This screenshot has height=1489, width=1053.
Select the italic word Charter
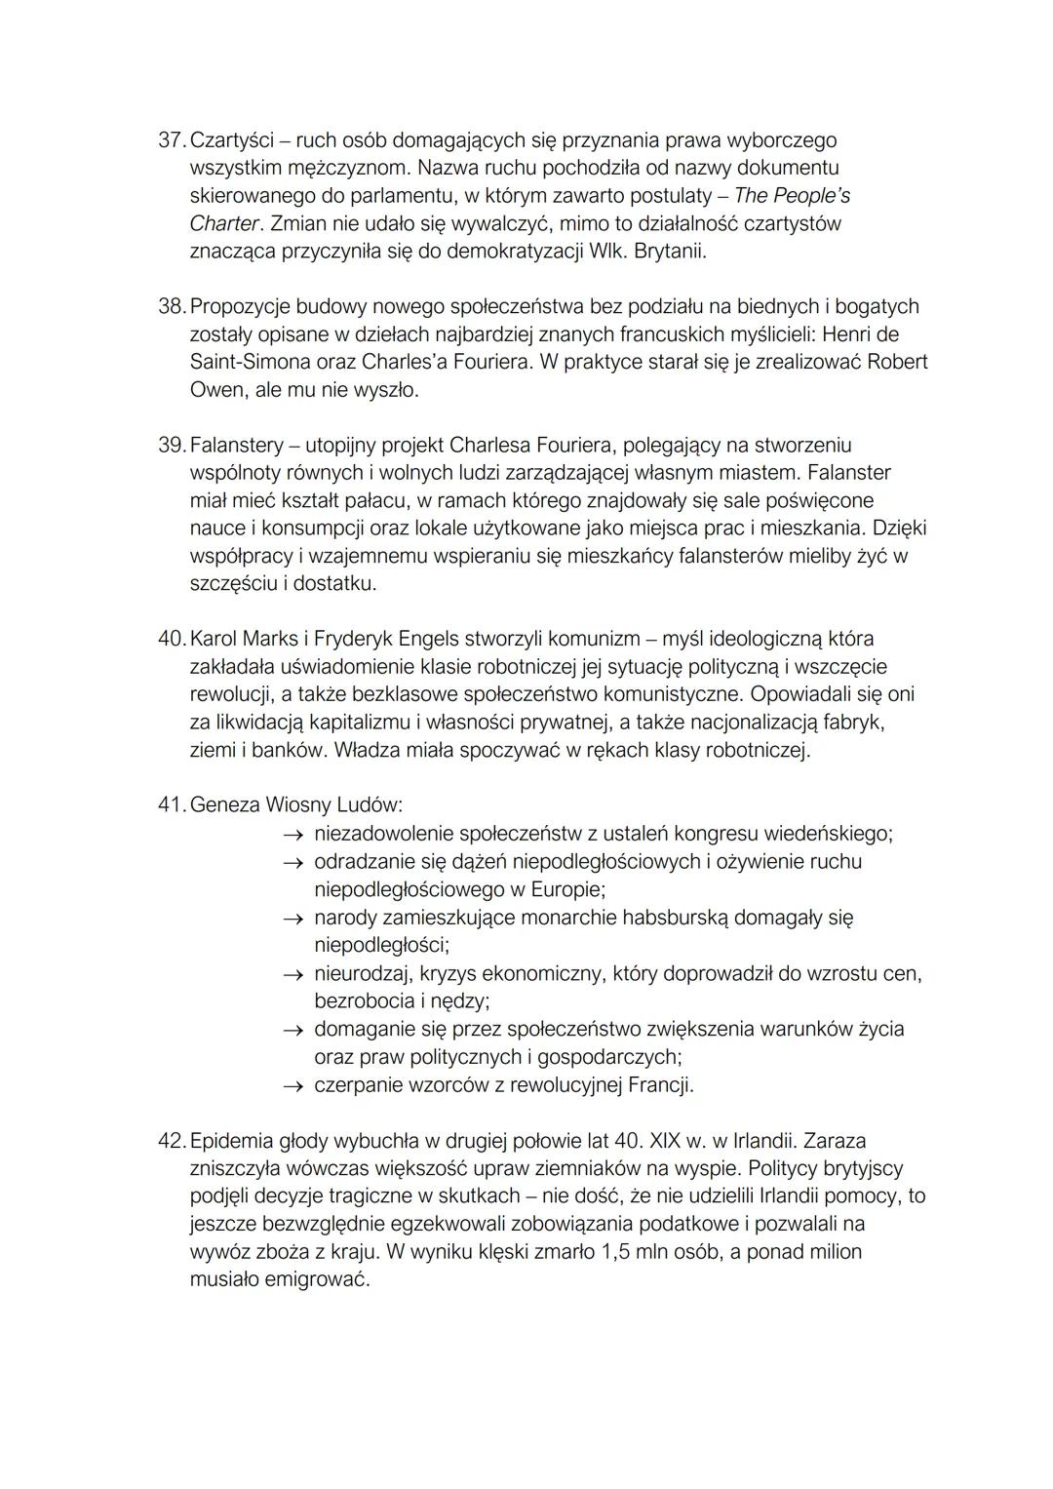224,223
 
